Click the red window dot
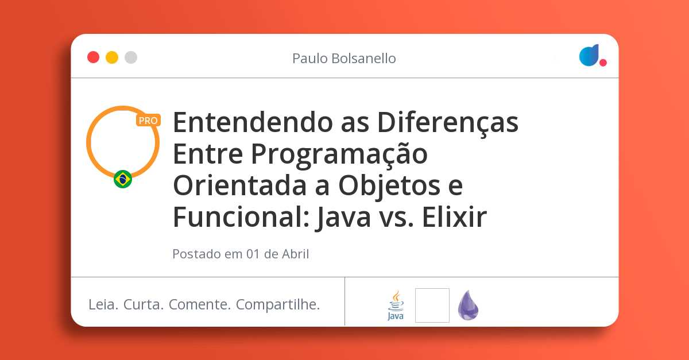(x=93, y=57)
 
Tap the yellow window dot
(x=112, y=57)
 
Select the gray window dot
(x=131, y=57)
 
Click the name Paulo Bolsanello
(x=344, y=59)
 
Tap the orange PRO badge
(x=148, y=121)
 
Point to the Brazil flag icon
(x=123, y=179)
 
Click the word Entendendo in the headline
(x=253, y=122)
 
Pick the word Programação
(x=339, y=154)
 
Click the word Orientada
(x=240, y=185)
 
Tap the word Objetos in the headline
(x=389, y=187)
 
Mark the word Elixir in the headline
(x=454, y=216)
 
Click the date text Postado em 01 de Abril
(x=241, y=254)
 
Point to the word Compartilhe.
(x=278, y=305)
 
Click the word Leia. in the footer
(x=103, y=305)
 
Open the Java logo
(x=396, y=305)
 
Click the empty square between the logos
(x=432, y=305)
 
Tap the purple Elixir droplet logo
(x=468, y=305)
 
